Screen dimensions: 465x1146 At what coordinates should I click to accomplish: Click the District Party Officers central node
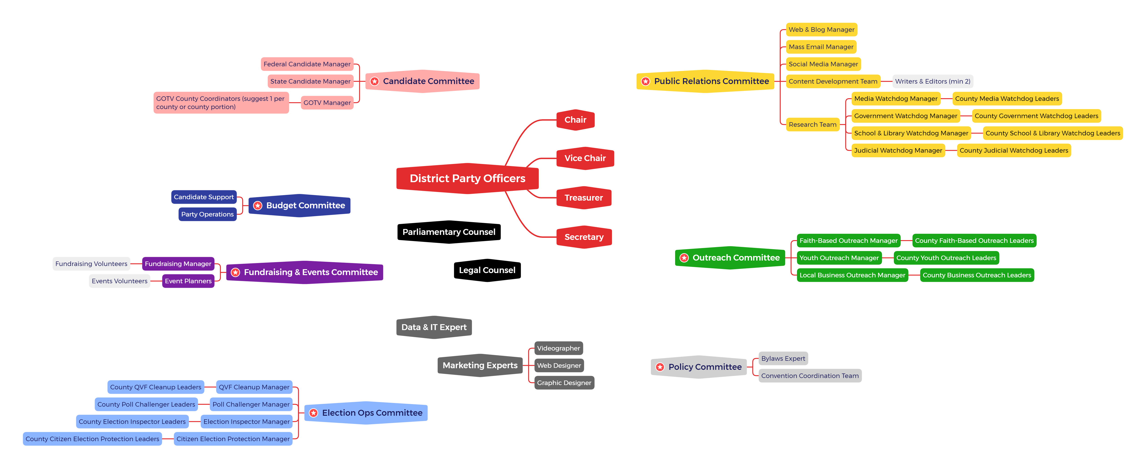coord(467,178)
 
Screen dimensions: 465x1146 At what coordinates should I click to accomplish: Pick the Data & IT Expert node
coord(434,327)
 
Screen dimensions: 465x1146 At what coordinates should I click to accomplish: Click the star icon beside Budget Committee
coord(258,205)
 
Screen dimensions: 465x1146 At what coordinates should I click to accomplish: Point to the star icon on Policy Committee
coord(660,367)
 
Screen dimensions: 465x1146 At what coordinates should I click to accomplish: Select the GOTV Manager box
coord(327,103)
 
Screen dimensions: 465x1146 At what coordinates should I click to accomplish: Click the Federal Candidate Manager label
coord(307,64)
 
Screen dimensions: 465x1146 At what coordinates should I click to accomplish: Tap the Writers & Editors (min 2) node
coord(932,81)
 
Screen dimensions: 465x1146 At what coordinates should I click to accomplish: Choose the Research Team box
coord(812,124)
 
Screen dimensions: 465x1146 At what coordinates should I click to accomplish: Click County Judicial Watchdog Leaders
coord(1013,150)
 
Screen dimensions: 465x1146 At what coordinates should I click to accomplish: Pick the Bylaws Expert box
coord(783,358)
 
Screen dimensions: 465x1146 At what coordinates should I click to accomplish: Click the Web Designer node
coord(559,366)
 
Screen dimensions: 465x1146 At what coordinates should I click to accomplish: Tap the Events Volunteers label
coord(119,281)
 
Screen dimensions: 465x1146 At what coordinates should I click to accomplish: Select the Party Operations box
coord(207,214)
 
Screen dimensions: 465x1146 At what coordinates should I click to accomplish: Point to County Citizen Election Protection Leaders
coord(92,439)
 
